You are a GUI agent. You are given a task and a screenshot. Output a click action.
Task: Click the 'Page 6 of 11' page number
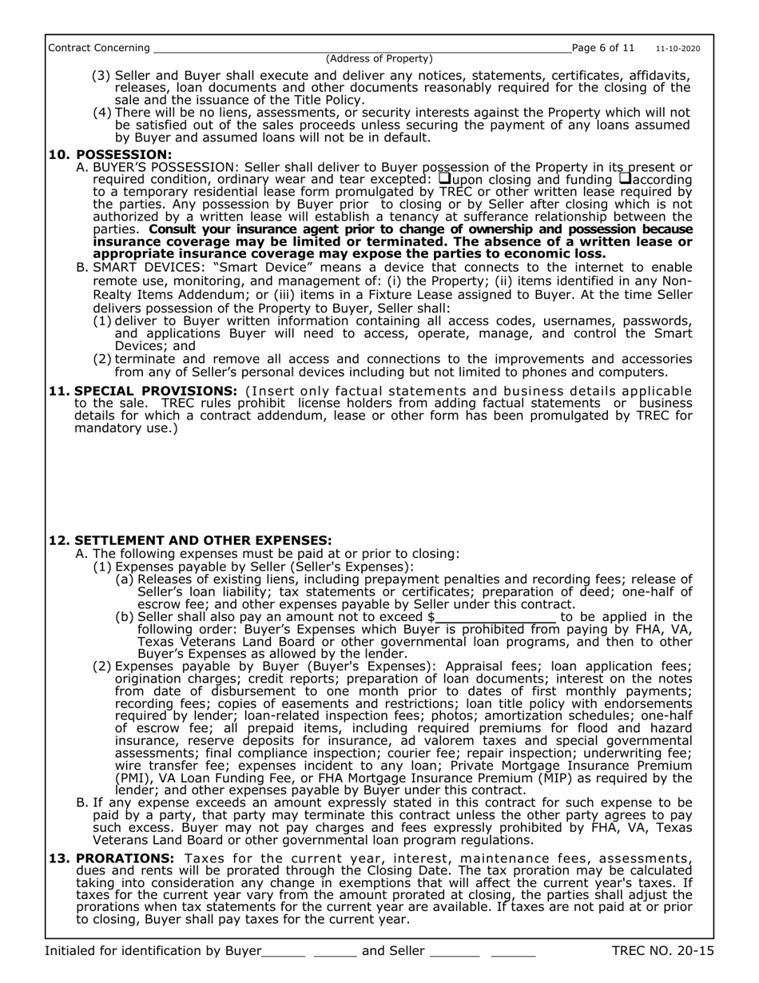(603, 48)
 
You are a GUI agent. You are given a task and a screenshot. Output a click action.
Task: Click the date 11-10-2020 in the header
(678, 49)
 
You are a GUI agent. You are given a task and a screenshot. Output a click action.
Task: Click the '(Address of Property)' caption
(379, 58)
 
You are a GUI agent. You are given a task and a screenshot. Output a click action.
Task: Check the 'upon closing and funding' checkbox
(445, 178)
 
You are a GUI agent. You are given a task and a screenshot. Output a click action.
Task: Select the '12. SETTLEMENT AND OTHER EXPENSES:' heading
(190, 540)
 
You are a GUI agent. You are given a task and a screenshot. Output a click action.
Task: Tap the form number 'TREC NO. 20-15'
(662, 951)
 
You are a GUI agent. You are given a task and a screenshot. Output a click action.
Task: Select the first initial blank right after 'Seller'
(454, 953)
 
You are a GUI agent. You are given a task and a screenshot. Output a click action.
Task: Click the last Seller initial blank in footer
(513, 953)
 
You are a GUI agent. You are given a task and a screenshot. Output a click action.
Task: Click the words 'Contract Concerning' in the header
(98, 48)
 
